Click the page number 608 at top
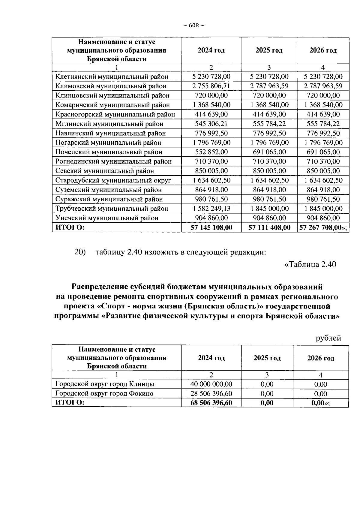click(x=194, y=26)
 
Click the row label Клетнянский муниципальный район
click(x=112, y=77)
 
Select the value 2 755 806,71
click(x=211, y=86)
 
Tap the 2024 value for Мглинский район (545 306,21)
click(x=211, y=124)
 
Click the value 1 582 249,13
click(x=211, y=209)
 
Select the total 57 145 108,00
click(x=211, y=227)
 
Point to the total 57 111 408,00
click(x=269, y=227)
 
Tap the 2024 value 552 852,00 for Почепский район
click(x=211, y=152)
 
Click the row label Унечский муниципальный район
click(x=107, y=218)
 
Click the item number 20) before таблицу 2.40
click(x=80, y=252)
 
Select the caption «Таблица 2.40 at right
click(x=310, y=264)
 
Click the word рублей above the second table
click(x=328, y=338)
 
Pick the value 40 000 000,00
click(x=211, y=384)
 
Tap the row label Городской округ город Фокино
click(x=104, y=393)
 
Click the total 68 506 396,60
click(x=211, y=403)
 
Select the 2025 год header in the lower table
click(x=267, y=358)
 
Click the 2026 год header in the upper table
click(x=323, y=50)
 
